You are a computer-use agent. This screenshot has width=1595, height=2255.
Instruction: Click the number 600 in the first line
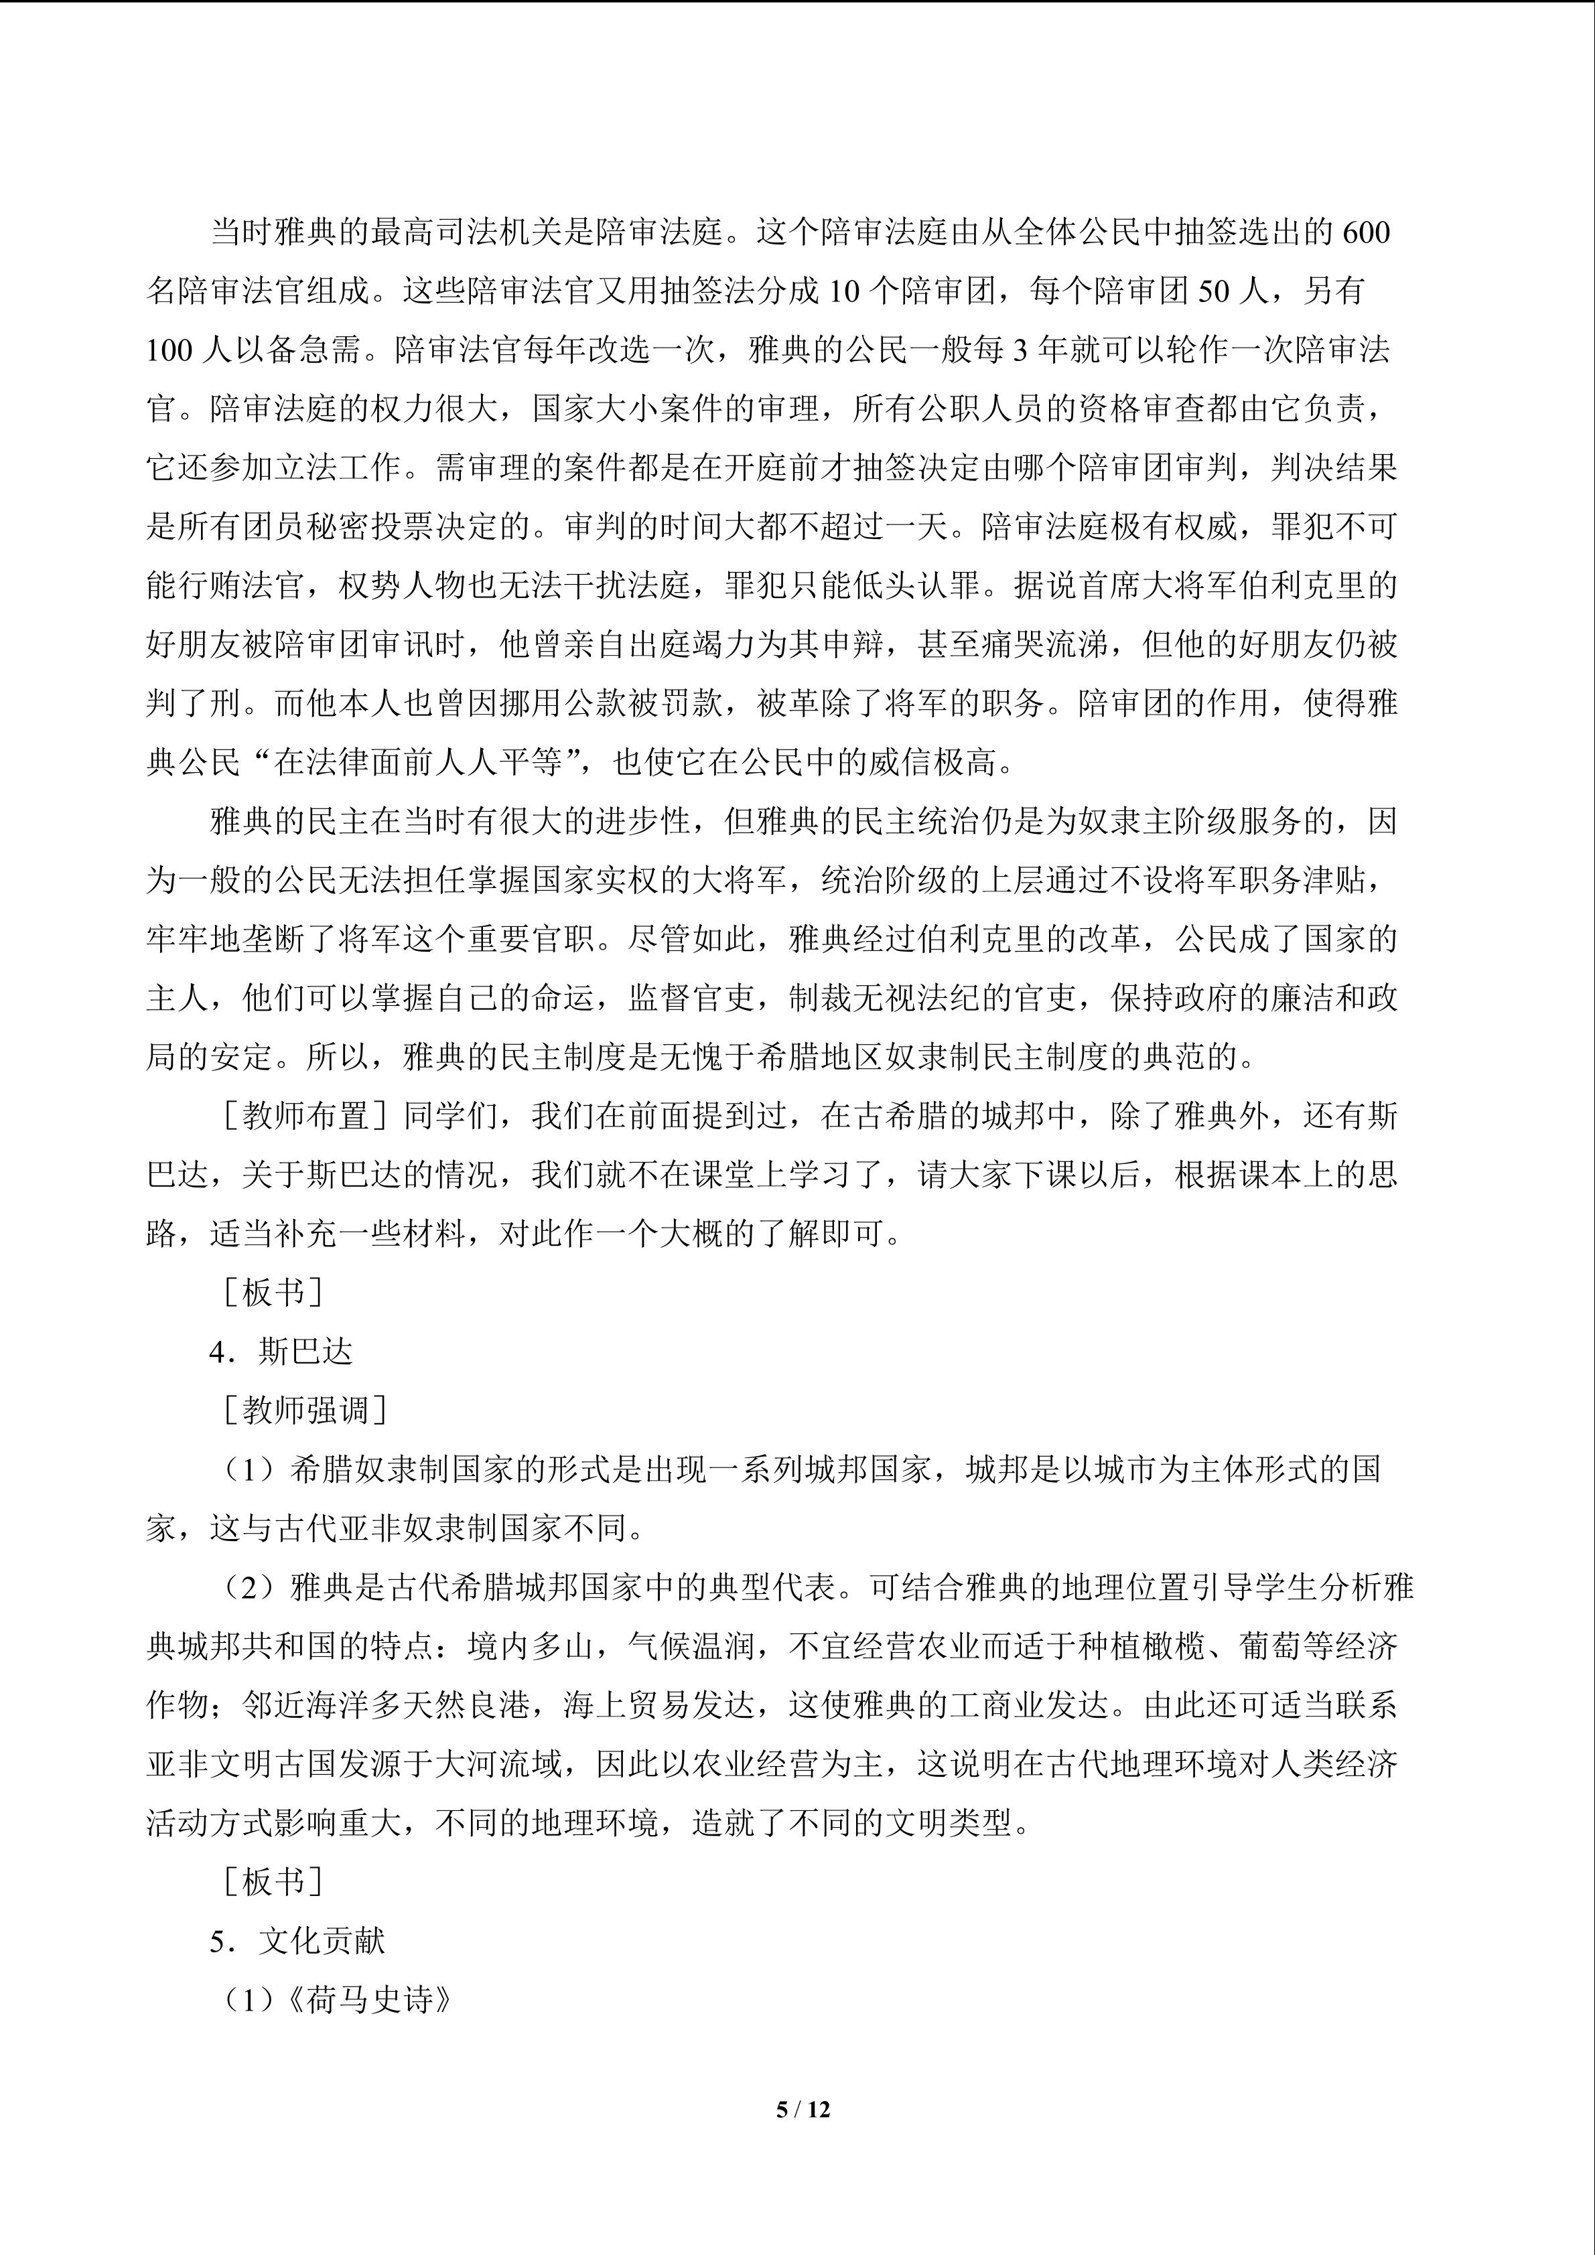coord(1365,233)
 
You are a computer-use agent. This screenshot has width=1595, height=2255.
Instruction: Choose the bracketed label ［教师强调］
coord(305,1411)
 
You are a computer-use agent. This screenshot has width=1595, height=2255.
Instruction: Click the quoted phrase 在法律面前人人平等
coord(417,763)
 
